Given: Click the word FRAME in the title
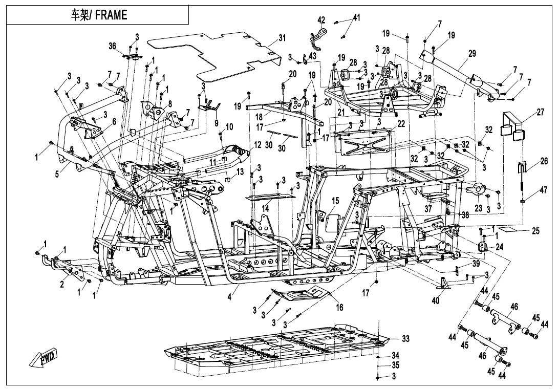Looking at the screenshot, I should click(x=110, y=15).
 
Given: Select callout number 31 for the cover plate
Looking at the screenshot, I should click(x=282, y=38).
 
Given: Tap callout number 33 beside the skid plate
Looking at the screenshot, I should click(x=405, y=339).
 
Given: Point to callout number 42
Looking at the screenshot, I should click(x=321, y=20).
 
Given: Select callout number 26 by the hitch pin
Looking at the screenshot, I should click(x=529, y=161).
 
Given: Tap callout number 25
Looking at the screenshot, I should click(x=535, y=231).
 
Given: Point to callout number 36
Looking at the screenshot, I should click(x=112, y=46).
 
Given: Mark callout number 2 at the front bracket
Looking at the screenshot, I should click(x=62, y=285).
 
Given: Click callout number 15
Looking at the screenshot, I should click(x=335, y=200).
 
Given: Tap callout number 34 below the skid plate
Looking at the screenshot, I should click(x=395, y=355).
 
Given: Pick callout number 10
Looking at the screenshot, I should click(x=229, y=126).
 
